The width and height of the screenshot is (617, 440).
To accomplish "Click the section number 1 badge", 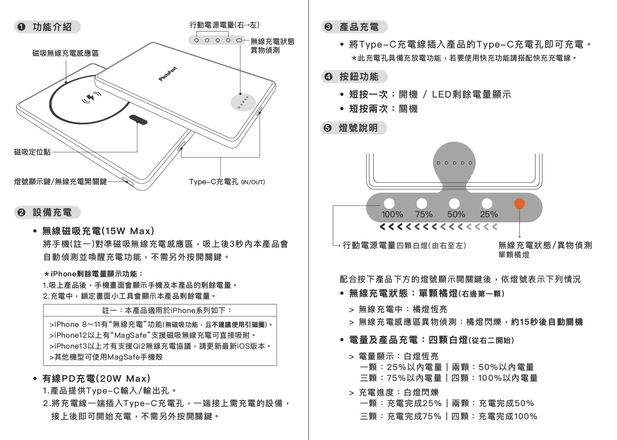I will click(21, 27).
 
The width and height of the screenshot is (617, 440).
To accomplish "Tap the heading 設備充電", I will click(52, 212).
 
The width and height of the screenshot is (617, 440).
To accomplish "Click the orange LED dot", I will click(519, 203).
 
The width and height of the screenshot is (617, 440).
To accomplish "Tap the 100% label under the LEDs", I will click(392, 215).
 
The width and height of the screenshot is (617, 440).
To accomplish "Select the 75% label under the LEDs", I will click(424, 215).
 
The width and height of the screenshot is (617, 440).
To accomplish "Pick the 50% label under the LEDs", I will click(456, 215).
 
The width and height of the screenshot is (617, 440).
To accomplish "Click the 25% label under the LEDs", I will click(489, 215).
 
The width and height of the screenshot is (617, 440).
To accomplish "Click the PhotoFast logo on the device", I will click(168, 74).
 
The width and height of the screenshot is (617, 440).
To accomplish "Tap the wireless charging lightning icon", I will click(91, 98).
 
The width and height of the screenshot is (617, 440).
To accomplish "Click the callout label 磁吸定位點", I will click(32, 152).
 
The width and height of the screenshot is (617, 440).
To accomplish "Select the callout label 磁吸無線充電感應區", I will click(65, 53).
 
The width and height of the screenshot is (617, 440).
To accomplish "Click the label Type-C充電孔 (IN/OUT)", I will click(227, 181).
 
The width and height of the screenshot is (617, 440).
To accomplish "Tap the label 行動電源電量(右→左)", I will click(224, 25).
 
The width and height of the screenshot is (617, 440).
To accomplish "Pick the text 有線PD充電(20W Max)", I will click(96, 378).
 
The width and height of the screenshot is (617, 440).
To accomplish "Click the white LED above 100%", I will click(389, 203).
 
